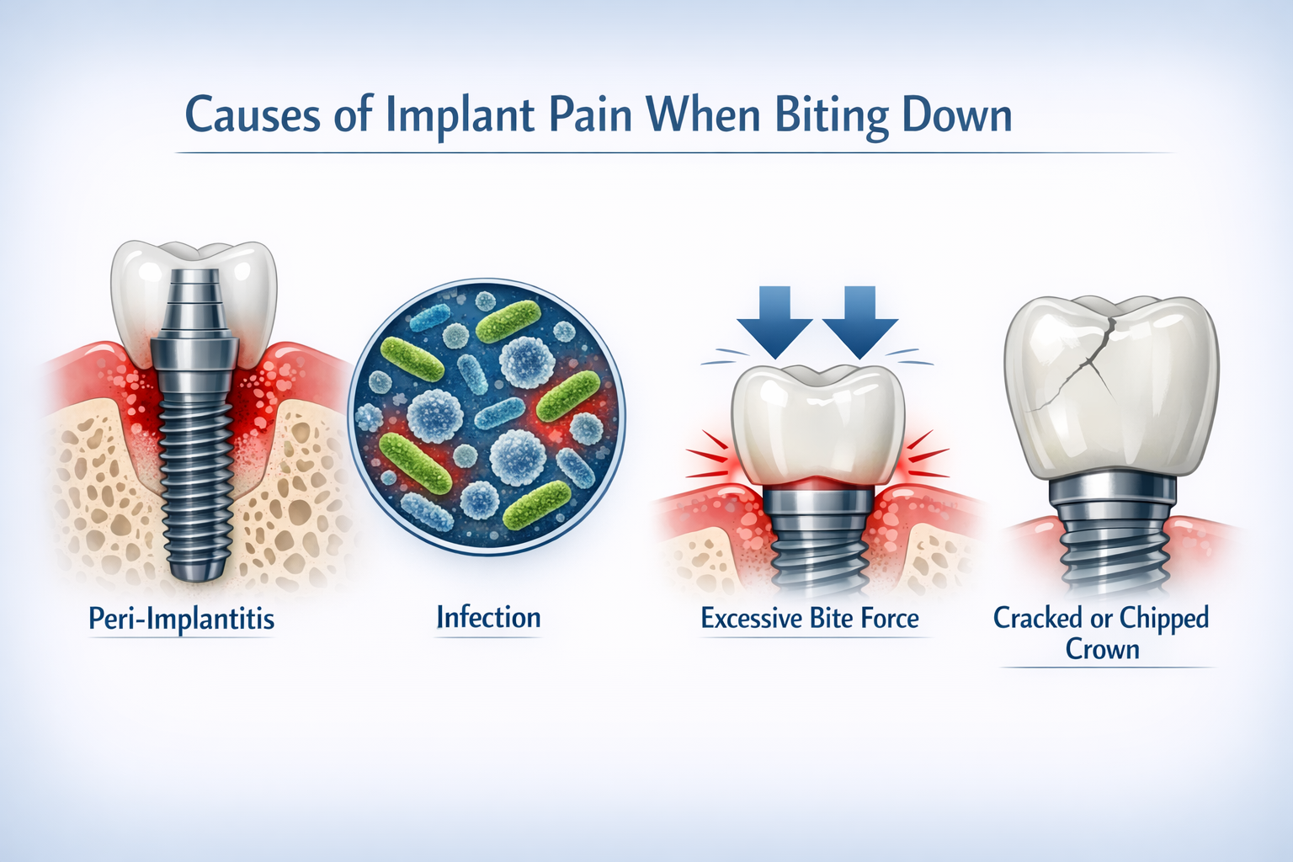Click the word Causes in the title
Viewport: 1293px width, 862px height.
(253, 115)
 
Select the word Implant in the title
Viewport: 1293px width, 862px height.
(460, 115)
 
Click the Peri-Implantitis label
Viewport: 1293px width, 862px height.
(182, 620)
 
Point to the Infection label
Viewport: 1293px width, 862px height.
(488, 618)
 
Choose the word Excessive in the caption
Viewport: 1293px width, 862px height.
(752, 619)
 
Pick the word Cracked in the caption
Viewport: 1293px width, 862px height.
(1038, 618)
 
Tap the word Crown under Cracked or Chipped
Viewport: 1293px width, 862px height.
(1103, 649)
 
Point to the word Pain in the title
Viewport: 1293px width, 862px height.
(589, 115)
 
